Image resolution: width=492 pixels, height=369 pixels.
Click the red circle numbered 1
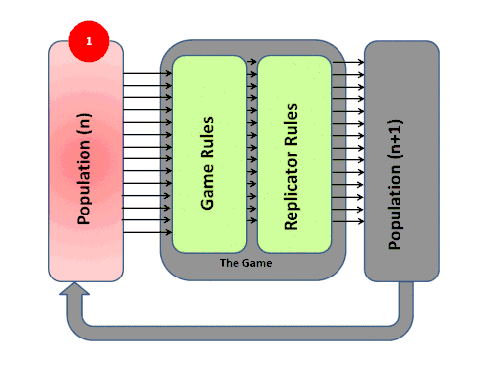(89, 41)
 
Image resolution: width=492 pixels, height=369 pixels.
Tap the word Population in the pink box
(84, 182)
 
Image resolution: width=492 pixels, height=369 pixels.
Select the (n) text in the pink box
(84, 125)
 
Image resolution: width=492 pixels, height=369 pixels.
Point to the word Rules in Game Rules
(207, 138)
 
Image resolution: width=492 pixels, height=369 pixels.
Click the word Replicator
(291, 190)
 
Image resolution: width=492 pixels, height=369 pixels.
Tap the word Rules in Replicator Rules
(291, 125)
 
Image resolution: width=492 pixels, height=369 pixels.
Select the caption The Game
(246, 263)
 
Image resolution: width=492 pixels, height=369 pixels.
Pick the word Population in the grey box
(395, 208)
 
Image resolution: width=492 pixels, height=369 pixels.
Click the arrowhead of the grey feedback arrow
(74, 289)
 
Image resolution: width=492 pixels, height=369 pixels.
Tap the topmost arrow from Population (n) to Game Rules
(148, 73)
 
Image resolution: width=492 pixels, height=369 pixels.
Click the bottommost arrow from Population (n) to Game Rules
(148, 232)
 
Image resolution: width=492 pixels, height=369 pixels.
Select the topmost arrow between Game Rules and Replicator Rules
(252, 62)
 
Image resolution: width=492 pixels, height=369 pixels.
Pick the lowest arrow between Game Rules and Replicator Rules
(252, 220)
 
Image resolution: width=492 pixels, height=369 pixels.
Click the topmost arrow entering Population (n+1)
(347, 62)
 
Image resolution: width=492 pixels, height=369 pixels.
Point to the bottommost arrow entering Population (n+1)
(347, 222)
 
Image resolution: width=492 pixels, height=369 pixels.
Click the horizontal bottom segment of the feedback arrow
(240, 334)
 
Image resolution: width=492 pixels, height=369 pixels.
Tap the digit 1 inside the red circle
(89, 41)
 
